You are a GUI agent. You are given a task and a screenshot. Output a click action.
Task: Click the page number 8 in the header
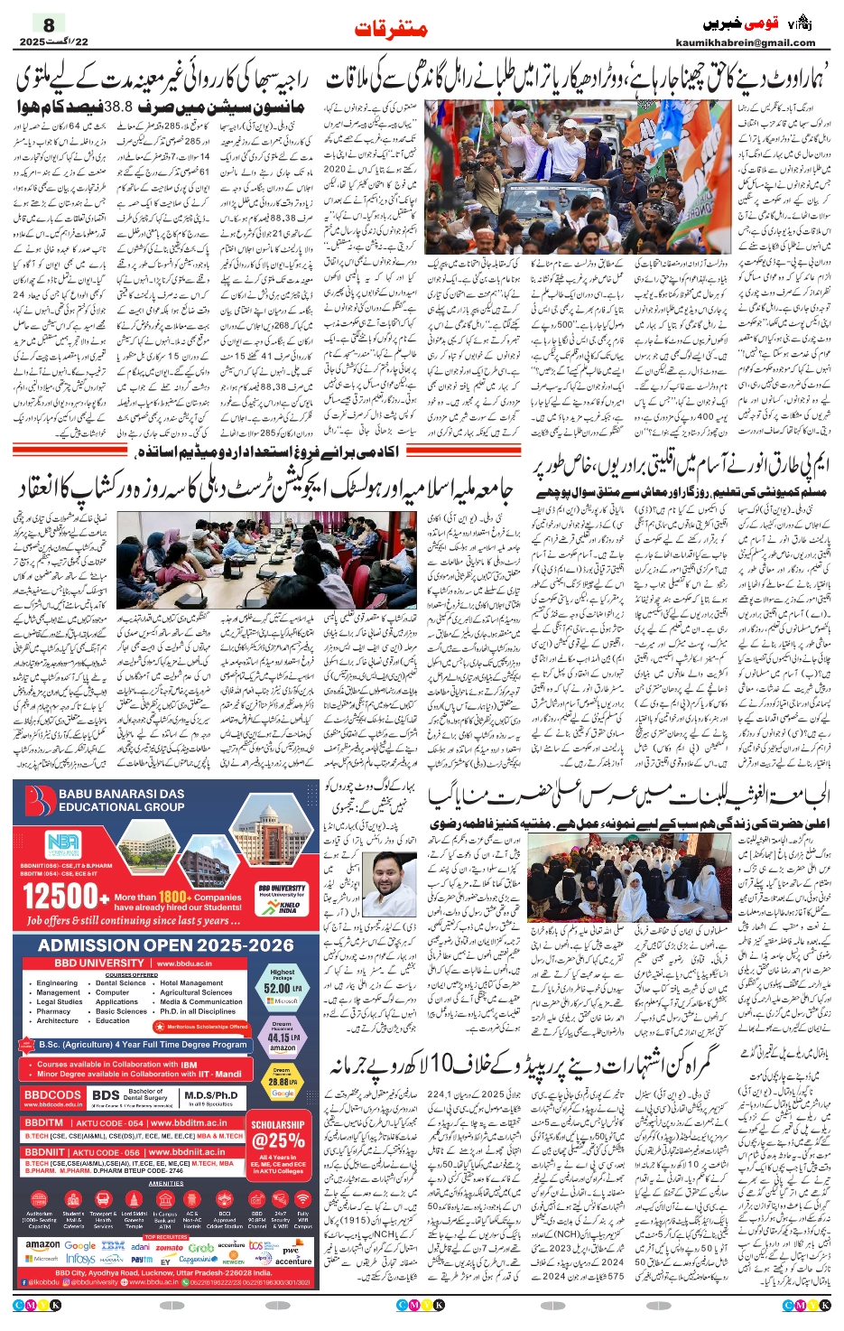coord(48,24)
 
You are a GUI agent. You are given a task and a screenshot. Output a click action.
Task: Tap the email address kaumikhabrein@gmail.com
coord(745,42)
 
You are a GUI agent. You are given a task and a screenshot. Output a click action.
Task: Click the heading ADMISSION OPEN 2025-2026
coord(166,945)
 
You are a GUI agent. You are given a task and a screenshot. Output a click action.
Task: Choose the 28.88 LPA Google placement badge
coord(282,1082)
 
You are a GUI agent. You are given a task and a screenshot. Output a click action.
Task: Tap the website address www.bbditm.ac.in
coord(184,1122)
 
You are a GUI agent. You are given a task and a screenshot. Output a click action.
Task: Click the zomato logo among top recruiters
coord(169,1247)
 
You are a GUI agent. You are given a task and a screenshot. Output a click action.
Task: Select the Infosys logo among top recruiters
coord(79,1259)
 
